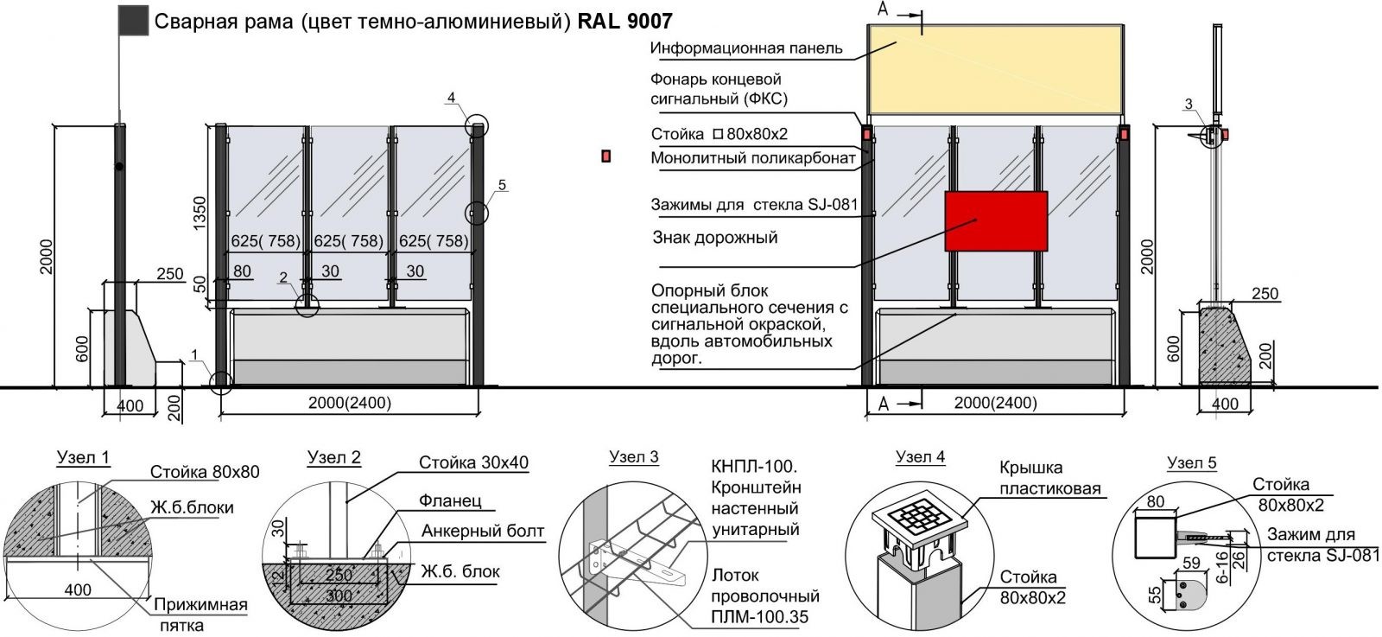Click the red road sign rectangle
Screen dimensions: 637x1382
coord(995,220)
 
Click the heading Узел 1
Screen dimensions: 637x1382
coord(83,458)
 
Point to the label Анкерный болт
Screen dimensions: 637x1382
coord(483,531)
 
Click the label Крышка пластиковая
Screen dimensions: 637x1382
coord(1050,479)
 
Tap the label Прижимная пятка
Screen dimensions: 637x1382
coord(200,615)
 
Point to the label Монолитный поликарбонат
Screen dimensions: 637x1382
coord(753,158)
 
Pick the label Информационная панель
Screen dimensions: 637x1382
coord(746,48)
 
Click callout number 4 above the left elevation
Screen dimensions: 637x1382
coord(451,98)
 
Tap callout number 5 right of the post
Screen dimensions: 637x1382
coord(503,184)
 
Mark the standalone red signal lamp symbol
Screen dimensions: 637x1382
coord(606,156)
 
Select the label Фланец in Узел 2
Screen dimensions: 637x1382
coord(450,501)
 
